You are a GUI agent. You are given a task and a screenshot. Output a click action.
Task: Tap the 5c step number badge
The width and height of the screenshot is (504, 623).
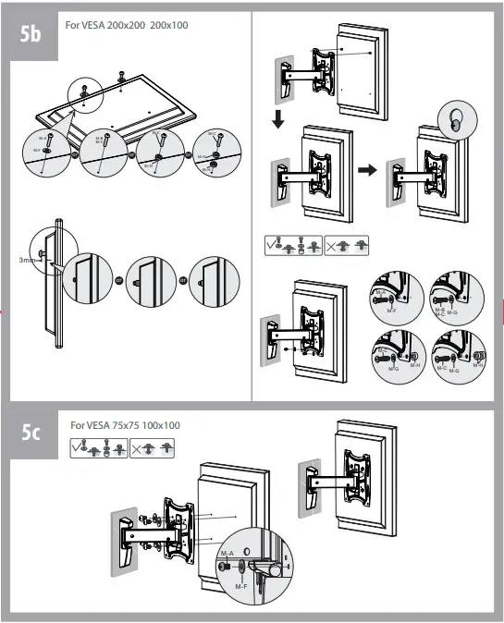(x=31, y=434)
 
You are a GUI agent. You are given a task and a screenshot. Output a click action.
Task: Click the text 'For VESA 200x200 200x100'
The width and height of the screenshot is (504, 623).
(x=127, y=25)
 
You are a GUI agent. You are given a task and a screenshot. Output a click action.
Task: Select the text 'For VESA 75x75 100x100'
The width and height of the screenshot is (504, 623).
(x=125, y=424)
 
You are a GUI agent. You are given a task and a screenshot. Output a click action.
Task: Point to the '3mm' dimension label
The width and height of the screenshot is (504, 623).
(x=27, y=261)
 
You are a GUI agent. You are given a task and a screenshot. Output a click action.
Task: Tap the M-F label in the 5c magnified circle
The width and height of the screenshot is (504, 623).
(x=240, y=586)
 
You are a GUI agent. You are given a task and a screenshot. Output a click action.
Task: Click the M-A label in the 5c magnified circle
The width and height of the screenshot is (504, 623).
(x=225, y=553)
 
